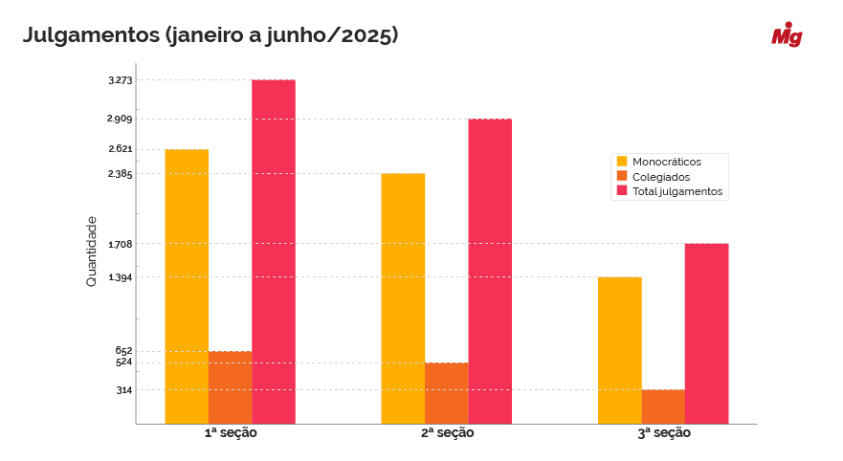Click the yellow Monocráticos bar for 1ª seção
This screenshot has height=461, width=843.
point(187,286)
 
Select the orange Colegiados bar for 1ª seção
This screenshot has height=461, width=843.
point(230,387)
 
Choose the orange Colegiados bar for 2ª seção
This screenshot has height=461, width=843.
point(447,393)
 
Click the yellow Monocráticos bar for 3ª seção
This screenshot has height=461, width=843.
point(620,350)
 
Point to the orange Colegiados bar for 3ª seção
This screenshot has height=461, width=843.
point(663,406)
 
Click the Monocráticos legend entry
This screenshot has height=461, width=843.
point(667,162)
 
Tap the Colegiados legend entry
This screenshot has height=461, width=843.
point(661,177)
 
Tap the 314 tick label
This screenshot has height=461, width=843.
point(123,389)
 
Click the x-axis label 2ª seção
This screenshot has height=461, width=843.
point(447,433)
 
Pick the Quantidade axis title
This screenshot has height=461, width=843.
point(92,252)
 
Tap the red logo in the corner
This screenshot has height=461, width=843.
point(787,35)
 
